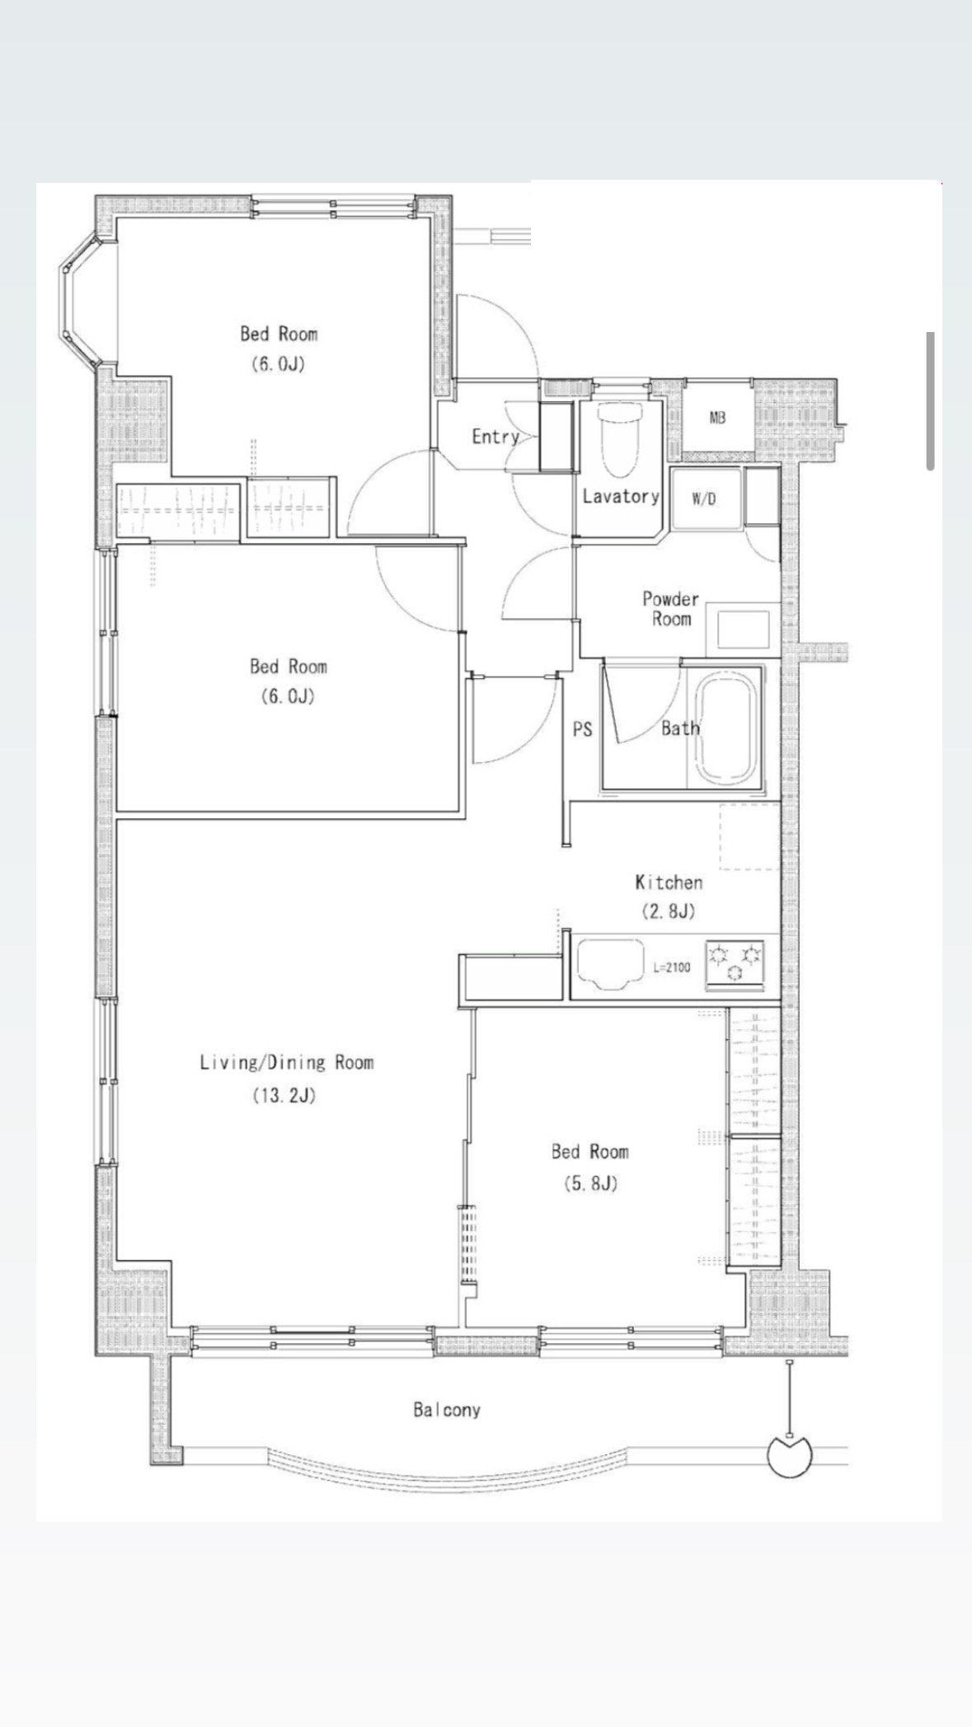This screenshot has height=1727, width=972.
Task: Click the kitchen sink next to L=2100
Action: [x=610, y=962]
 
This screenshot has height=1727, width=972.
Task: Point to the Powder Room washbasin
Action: [x=742, y=629]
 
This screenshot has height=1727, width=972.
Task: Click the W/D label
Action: [x=703, y=499]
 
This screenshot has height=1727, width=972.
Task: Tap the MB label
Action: [x=717, y=418]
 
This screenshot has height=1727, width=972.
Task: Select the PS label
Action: [x=582, y=729]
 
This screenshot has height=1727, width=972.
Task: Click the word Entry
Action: [x=495, y=437]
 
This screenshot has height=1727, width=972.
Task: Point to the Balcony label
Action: [x=447, y=1410]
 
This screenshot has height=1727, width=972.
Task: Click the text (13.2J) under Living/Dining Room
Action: [x=284, y=1096]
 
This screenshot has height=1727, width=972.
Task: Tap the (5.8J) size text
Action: [x=590, y=1184]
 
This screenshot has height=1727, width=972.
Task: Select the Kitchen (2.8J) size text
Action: [x=669, y=911]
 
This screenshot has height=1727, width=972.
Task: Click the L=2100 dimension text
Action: [x=672, y=967]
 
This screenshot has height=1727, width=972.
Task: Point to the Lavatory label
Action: [x=621, y=496]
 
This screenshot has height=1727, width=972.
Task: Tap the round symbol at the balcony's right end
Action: [x=790, y=1456]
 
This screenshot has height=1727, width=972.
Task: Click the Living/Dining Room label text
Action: [x=287, y=1063]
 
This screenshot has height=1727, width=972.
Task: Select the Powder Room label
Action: [x=670, y=609]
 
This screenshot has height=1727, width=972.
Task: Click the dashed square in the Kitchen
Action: [x=749, y=836]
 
